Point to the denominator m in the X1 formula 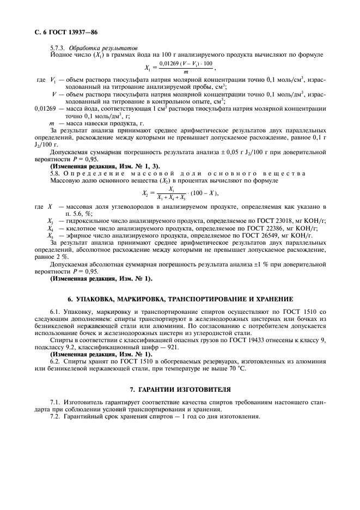coord(186,72)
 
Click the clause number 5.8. coord(56,173)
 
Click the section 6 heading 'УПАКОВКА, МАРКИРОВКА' coord(180,299)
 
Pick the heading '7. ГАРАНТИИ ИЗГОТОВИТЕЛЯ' coord(180,390)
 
